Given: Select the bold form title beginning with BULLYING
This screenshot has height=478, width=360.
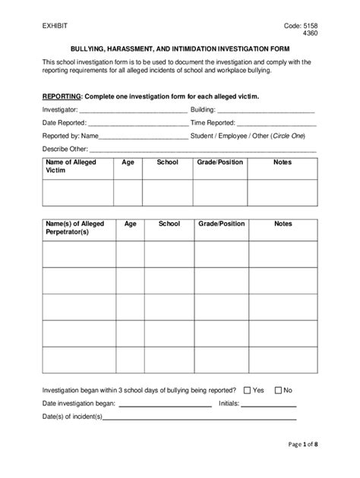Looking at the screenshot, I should pyautogui.click(x=181, y=46).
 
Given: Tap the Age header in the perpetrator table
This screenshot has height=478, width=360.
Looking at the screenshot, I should pyautogui.click(x=130, y=224).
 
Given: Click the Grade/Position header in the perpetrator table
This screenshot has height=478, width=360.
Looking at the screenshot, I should pyautogui.click(x=222, y=224).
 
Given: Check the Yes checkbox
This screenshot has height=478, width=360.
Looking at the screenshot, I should pyautogui.click(x=247, y=390).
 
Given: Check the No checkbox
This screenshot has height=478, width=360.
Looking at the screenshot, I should pyautogui.click(x=277, y=390).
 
